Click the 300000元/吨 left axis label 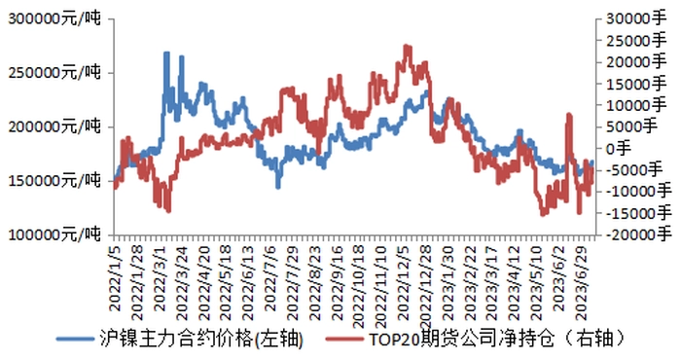coord(54,18)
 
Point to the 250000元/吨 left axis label coord(54,73)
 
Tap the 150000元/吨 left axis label coord(54,180)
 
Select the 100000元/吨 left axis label coord(54,234)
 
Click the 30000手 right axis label coord(636,18)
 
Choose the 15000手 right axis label coord(636,84)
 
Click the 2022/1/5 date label coord(116,278)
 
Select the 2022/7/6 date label coord(270,278)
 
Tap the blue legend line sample coord(75,340)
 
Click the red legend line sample coord(344,340)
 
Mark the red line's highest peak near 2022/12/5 coord(406,46)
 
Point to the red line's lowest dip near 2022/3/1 coord(168,211)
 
